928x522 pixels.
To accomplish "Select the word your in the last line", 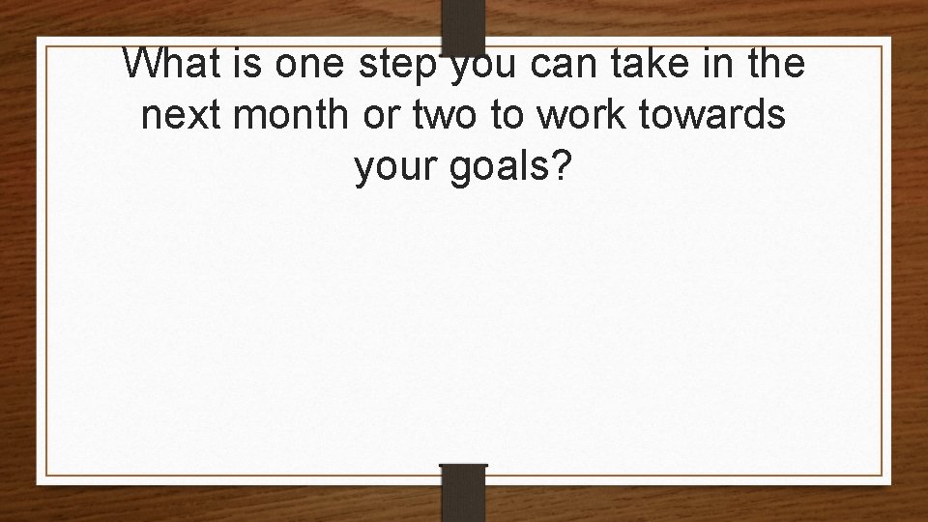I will (x=392, y=168).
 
